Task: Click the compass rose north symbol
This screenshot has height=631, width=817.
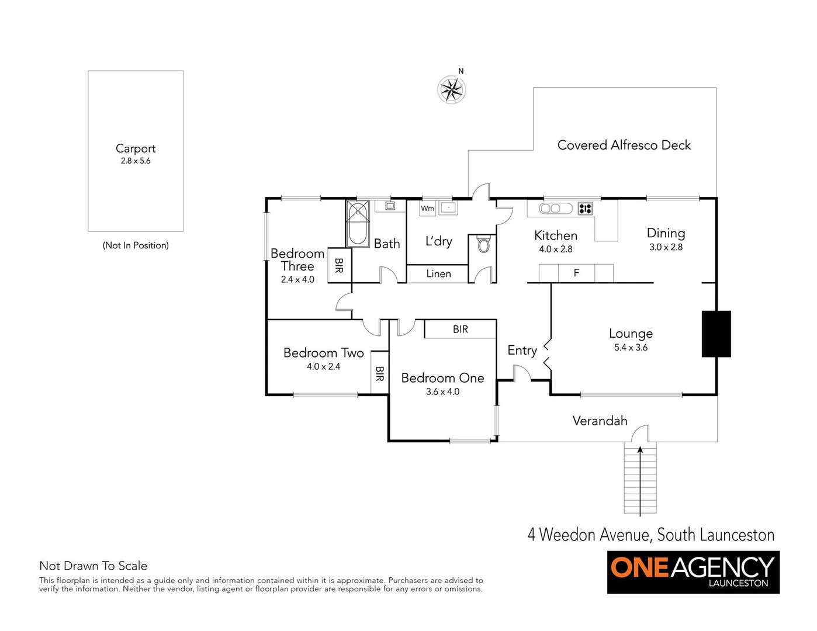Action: click(452, 90)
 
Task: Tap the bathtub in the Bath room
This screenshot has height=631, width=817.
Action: click(357, 224)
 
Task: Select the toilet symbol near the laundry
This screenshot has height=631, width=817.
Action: click(483, 244)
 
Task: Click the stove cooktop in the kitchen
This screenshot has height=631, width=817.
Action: click(585, 209)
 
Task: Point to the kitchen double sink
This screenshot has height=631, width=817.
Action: click(549, 209)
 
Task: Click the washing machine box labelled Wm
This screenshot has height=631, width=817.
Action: click(428, 208)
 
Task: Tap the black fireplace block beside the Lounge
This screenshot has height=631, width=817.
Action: click(716, 334)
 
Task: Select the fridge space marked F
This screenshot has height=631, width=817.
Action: click(576, 273)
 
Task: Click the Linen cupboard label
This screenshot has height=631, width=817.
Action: click(438, 273)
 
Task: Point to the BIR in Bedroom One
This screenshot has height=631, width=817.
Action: click(461, 330)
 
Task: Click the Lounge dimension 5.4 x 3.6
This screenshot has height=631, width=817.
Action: click(631, 348)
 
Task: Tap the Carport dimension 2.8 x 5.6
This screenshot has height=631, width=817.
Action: click(136, 161)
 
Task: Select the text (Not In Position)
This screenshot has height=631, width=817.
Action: click(136, 245)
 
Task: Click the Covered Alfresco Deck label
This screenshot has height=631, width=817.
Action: click(624, 145)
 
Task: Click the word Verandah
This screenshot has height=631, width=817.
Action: click(600, 421)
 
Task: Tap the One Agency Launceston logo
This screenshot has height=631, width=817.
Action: click(693, 572)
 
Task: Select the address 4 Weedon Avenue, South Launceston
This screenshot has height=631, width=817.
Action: click(650, 535)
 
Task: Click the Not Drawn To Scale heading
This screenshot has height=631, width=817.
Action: click(93, 566)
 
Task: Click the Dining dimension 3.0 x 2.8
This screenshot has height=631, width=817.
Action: click(666, 247)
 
